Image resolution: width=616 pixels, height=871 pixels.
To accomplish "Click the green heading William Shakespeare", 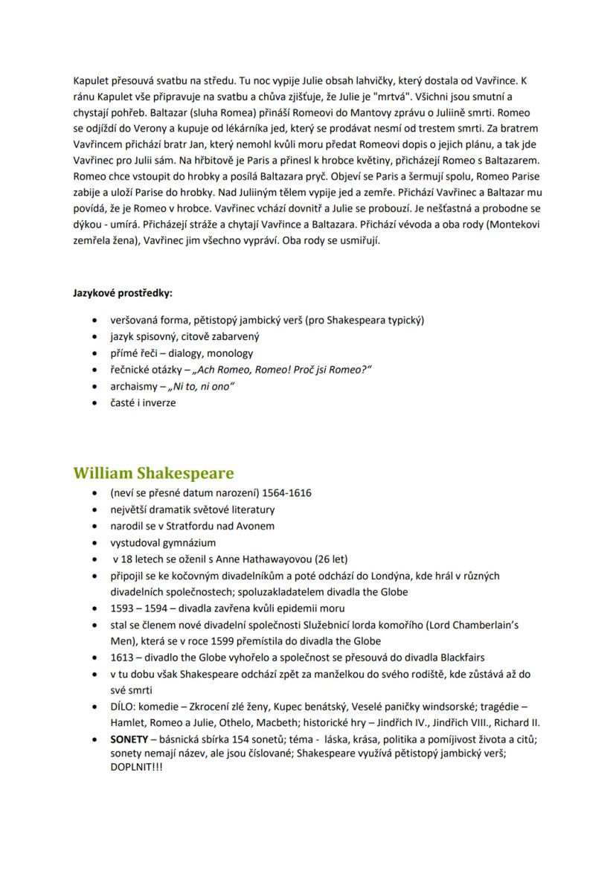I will [153, 473].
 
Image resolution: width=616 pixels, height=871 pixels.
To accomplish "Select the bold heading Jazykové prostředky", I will [123, 293].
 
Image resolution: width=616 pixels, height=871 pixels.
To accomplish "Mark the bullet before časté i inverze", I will [93, 403].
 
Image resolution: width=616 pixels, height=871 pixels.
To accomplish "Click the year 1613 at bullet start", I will [121, 657].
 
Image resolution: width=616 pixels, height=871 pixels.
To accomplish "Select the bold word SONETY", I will [129, 739].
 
